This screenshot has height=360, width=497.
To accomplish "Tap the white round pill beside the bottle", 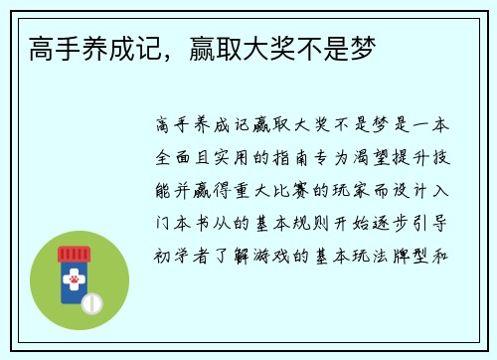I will point(92,300).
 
